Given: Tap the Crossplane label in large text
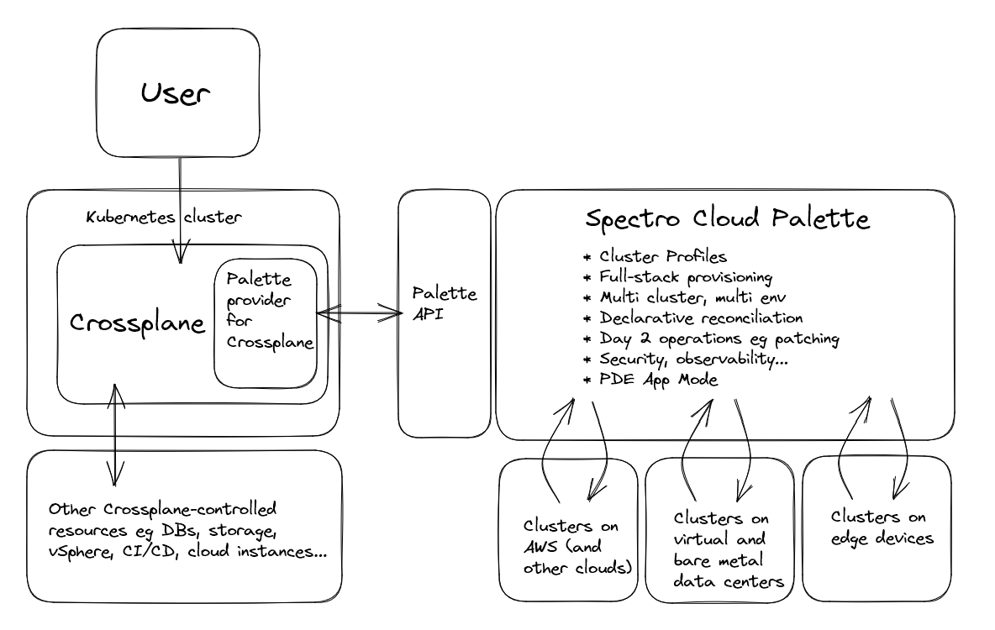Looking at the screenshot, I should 137,323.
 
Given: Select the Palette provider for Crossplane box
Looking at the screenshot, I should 266,323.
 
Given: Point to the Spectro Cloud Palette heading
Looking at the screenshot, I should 727,220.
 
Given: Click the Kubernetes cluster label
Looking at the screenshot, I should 165,217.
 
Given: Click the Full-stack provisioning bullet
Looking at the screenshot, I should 686,276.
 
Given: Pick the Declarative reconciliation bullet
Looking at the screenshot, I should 701,318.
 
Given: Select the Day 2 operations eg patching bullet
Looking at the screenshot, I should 719,339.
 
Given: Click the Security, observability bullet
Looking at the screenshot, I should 694,360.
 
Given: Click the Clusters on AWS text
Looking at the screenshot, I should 571,544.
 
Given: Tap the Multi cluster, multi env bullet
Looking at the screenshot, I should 693,297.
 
